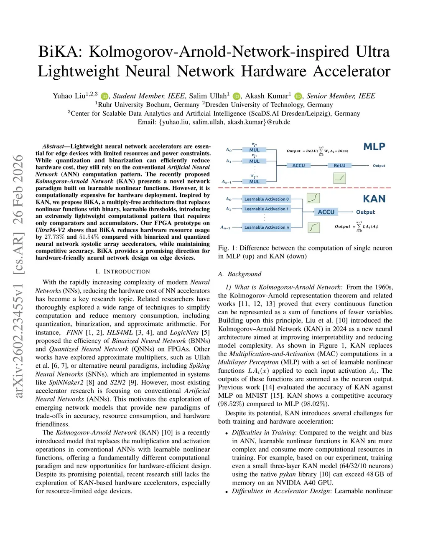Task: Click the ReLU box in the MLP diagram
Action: pyautogui.click(x=339, y=166)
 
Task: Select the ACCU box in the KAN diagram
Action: pyautogui.click(x=326, y=212)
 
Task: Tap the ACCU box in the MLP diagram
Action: pyautogui.click(x=298, y=166)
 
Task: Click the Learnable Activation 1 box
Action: pyautogui.click(x=266, y=209)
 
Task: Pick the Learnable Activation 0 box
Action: pyautogui.click(x=266, y=199)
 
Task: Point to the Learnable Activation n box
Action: pyautogui.click(x=266, y=227)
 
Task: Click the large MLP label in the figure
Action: pyautogui.click(x=374, y=146)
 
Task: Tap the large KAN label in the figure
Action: pyautogui.click(x=374, y=199)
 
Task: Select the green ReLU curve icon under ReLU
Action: pyautogui.click(x=339, y=178)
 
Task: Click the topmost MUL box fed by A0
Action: pyautogui.click(x=254, y=150)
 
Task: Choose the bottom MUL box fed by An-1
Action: pyautogui.click(x=254, y=182)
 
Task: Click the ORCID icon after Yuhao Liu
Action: pyautogui.click(x=104, y=96)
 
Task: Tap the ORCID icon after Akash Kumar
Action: pyautogui.click(x=298, y=96)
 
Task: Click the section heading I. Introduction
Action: pyautogui.click(x=122, y=271)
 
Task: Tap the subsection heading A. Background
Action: pyautogui.click(x=239, y=274)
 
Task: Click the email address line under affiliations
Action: pyautogui.click(x=214, y=122)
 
